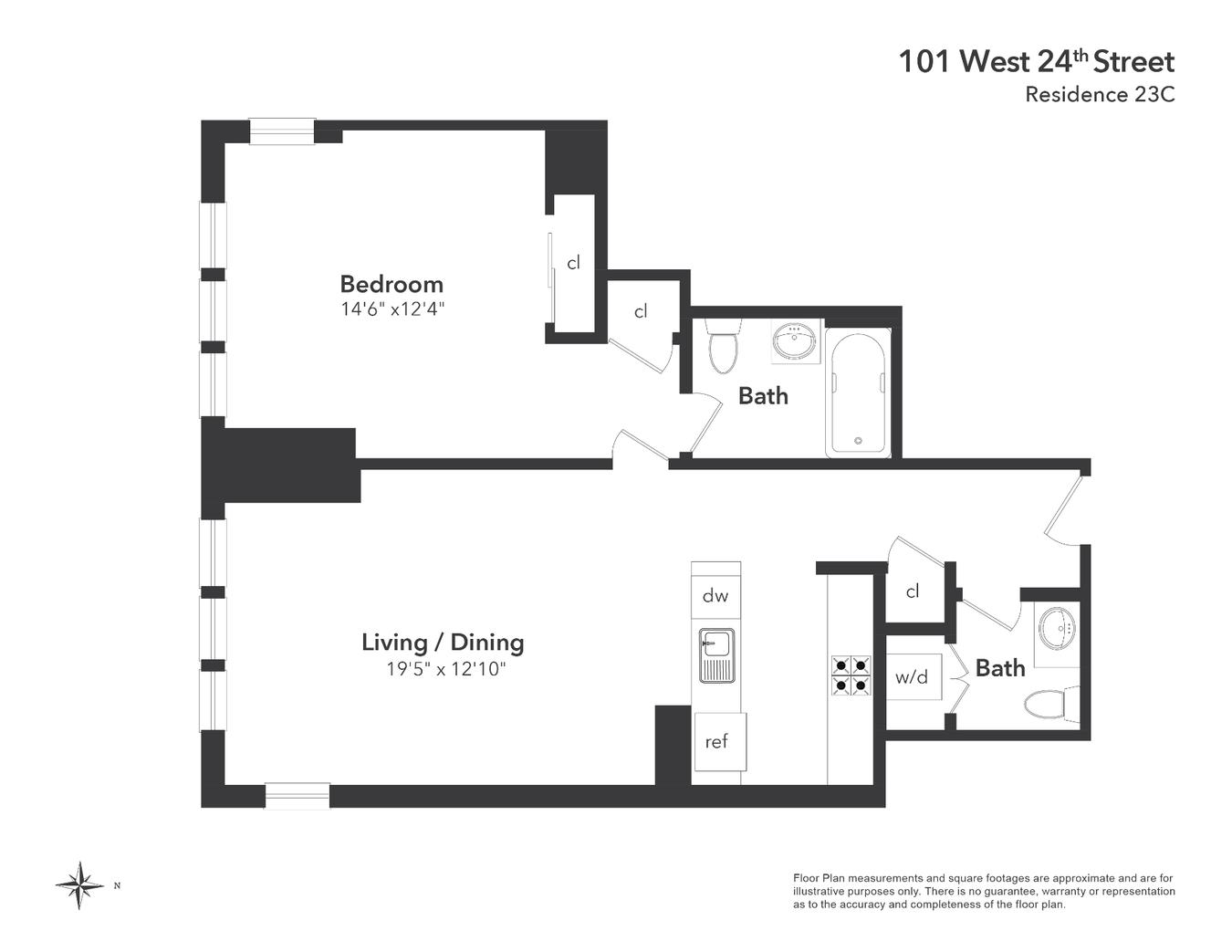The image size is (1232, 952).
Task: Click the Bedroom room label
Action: point(392,284)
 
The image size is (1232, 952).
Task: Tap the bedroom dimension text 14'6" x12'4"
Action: point(392,309)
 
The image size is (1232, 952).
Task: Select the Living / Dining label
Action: point(443,643)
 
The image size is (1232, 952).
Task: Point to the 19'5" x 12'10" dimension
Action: point(445,669)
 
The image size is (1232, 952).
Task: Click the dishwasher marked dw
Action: point(715,596)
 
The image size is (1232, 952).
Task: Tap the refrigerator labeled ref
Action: point(717,742)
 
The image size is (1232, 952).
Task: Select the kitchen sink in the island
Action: point(716,655)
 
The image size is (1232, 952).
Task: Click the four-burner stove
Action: point(850,676)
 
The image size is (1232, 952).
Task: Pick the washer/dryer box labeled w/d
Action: point(912,677)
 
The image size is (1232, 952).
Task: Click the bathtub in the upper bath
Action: point(859,392)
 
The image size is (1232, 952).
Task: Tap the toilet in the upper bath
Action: point(724,350)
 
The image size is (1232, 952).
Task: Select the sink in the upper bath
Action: point(795,343)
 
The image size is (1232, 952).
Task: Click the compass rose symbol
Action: point(79,884)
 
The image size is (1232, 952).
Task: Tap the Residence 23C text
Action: point(1099,94)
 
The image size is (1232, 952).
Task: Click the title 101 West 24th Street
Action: point(1036,62)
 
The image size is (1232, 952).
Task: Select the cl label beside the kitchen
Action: point(913,592)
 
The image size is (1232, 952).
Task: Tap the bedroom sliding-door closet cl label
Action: point(573,264)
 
